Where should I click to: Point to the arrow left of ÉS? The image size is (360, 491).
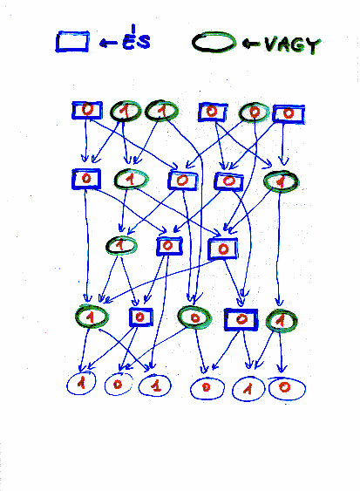108,43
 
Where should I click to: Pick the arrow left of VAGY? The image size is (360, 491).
251,44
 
